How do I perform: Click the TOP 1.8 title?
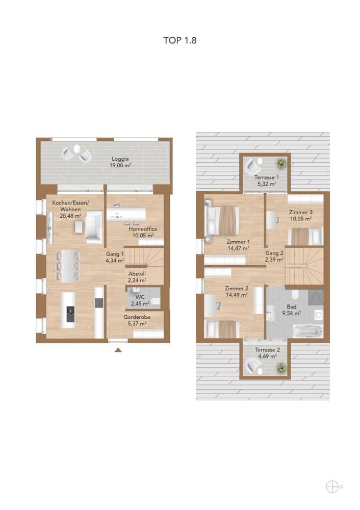[x=180, y=40]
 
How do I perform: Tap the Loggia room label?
[x=120, y=159]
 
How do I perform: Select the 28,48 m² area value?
[x=70, y=216]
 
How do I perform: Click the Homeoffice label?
[x=143, y=229]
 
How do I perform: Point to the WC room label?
[x=140, y=297]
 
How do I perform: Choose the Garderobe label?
[x=137, y=317]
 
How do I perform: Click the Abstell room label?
[x=137, y=274]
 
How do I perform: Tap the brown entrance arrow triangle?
[x=118, y=350]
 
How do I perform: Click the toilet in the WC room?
[x=156, y=302]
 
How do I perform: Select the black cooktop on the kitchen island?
[x=70, y=314]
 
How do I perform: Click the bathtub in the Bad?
[x=307, y=331]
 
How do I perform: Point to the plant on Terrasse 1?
[x=280, y=164]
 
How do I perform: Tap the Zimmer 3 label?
[x=301, y=212]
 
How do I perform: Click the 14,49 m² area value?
[x=237, y=295]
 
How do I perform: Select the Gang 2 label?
[x=274, y=253]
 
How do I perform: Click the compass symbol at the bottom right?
[x=332, y=487]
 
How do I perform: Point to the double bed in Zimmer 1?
[x=222, y=221]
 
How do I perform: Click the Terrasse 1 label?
[x=266, y=177]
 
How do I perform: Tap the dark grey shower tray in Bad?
[x=316, y=297]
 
